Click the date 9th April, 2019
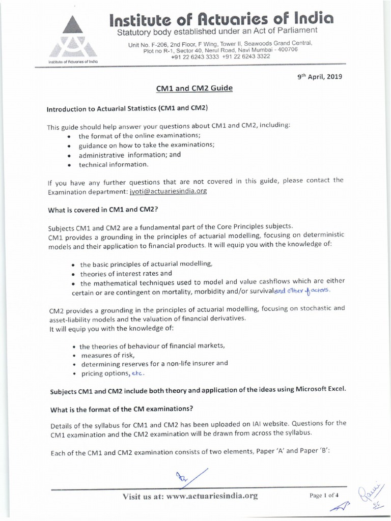320,77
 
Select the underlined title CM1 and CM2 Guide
194,89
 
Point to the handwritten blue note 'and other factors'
302,291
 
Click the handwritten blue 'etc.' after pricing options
138,373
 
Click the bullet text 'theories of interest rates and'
126,273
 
